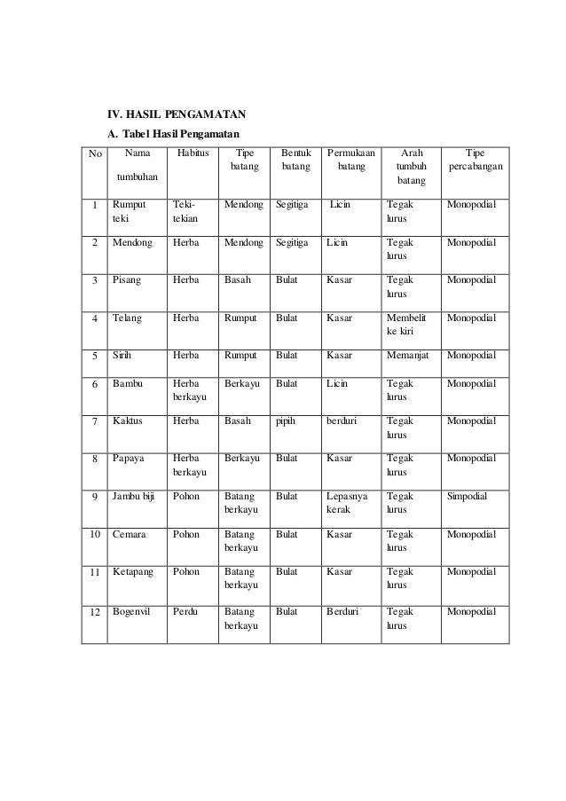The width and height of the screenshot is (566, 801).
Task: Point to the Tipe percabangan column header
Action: pos(475,161)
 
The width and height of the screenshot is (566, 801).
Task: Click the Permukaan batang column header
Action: pos(350,161)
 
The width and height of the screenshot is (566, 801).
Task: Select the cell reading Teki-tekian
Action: pos(186,210)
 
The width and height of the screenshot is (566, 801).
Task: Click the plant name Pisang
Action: pos(126,279)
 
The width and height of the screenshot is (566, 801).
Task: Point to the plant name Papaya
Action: pos(129,459)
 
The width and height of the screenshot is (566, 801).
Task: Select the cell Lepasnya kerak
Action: pos(347,505)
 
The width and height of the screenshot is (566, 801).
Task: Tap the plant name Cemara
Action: pos(130,535)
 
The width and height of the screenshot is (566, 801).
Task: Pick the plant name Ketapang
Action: pos(132,574)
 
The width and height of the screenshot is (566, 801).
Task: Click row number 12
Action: pos(92,613)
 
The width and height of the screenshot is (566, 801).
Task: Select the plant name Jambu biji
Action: pos(134,499)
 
